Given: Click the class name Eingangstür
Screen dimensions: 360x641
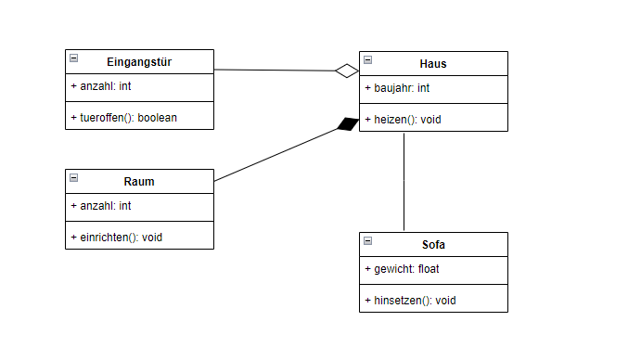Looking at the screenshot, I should [x=139, y=62].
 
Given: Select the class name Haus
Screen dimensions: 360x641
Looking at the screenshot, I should [x=433, y=64].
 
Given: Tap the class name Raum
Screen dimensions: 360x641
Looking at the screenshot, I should [x=139, y=182].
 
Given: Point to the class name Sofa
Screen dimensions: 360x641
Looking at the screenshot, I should [x=433, y=245].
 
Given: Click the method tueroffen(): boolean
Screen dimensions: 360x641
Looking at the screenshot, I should [x=123, y=117].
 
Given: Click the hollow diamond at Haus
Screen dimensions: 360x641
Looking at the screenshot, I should [x=347, y=71].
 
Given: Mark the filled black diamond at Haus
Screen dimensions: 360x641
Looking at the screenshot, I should [x=348, y=124].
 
